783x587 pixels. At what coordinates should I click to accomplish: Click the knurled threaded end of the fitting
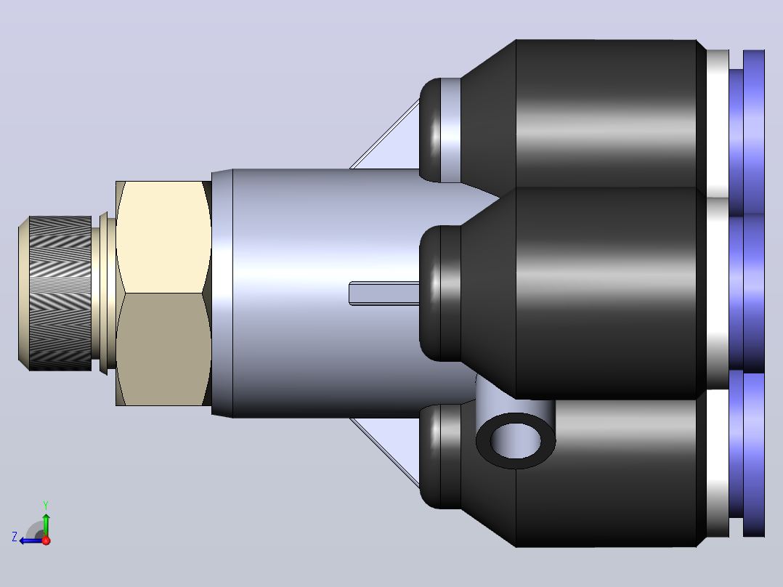(60, 293)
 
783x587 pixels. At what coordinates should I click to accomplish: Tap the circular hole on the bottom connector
(516, 441)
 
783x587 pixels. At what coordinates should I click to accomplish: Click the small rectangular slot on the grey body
(384, 293)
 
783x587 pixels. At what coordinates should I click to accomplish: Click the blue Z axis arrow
(32, 541)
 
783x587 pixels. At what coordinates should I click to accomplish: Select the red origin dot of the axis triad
(46, 541)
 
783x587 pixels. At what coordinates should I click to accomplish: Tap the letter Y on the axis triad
(46, 505)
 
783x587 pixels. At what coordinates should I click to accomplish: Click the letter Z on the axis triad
(15, 537)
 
